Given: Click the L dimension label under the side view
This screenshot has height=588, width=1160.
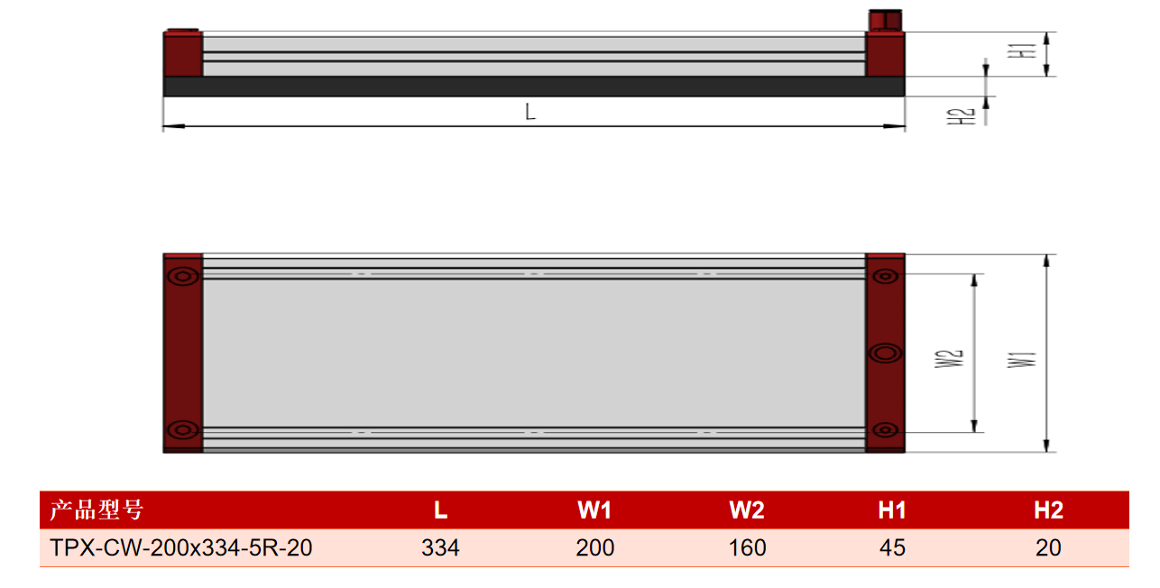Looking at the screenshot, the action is tap(530, 112).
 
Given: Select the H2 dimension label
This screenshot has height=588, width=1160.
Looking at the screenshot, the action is tap(962, 116).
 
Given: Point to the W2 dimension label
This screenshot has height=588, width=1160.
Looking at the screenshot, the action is tap(949, 358).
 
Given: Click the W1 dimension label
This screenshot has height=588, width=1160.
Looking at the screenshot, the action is tap(1022, 359).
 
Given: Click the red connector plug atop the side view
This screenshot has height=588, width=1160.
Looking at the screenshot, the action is tap(886, 21).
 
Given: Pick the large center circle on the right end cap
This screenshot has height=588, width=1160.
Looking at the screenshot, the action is tap(885, 354).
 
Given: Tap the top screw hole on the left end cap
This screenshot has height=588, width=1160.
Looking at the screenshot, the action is tap(183, 276).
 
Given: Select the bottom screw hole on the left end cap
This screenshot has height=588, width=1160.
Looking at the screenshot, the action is tap(183, 429).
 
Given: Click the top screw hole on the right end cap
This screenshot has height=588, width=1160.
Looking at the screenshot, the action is tap(885, 276).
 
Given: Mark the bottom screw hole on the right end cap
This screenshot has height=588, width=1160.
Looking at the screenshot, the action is tap(885, 429).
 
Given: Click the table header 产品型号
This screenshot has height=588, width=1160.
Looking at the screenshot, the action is tap(97, 510).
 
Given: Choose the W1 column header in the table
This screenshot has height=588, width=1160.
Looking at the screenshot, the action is tap(594, 510).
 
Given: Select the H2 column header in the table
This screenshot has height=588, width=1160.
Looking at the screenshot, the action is tap(1049, 510).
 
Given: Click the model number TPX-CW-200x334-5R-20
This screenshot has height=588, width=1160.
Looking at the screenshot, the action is tap(180, 547).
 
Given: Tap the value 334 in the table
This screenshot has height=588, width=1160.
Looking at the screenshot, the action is tap(440, 547).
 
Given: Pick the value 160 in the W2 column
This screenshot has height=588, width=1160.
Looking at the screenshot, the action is tap(747, 547).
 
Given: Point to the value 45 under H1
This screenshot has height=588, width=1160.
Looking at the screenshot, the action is tap(892, 547).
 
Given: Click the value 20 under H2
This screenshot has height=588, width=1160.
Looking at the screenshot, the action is tap(1048, 547).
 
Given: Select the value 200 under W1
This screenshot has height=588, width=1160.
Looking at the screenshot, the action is tap(595, 547).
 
